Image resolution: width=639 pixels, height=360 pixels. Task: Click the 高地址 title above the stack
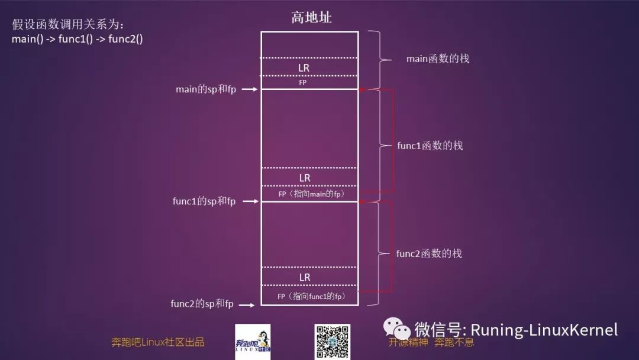[x=311, y=18]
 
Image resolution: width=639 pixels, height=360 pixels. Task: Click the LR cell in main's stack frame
[x=304, y=67]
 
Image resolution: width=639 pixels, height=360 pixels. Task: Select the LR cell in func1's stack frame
[x=304, y=178]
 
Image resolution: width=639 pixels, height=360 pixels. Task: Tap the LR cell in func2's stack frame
[x=304, y=277]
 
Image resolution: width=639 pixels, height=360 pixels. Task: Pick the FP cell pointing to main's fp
[x=311, y=194]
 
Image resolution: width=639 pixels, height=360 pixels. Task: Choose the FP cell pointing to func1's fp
[x=311, y=295]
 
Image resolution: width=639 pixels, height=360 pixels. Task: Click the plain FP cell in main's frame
[x=303, y=83]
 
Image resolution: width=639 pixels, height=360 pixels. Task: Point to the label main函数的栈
[x=437, y=59]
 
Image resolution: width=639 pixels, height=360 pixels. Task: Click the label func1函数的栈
[x=430, y=145]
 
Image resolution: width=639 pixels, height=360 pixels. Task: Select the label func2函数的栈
[x=429, y=253]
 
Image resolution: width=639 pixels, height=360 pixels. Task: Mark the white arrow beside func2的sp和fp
[x=248, y=304]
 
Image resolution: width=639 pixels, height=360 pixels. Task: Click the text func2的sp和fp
[x=202, y=304]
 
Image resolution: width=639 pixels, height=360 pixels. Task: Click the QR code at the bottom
[x=332, y=342]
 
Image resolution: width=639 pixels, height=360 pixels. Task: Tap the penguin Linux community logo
[x=253, y=342]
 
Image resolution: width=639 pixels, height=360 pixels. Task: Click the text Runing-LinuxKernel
[x=544, y=330]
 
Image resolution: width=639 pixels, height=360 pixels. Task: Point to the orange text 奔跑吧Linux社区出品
[x=157, y=342]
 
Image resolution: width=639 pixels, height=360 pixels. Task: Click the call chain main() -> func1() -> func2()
[x=78, y=39]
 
